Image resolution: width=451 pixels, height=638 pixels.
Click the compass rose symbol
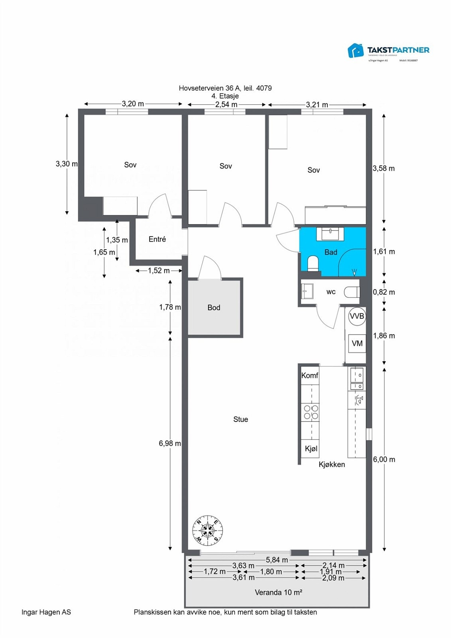(x=207, y=530)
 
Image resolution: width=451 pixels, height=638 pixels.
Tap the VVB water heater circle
(x=357, y=316)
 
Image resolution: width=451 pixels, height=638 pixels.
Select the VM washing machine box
(x=357, y=343)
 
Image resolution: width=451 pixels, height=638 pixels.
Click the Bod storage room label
(x=214, y=307)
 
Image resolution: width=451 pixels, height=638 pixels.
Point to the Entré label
(x=157, y=239)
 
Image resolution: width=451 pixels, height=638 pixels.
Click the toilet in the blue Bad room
(x=313, y=264)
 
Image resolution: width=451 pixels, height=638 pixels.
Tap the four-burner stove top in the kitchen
(x=311, y=412)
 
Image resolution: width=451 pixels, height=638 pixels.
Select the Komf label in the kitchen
(x=309, y=376)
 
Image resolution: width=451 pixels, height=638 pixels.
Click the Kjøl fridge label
(x=311, y=449)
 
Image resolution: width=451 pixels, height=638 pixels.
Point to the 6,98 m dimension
(x=169, y=443)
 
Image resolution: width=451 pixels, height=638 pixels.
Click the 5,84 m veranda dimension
(x=277, y=560)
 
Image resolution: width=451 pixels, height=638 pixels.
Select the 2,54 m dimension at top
(x=226, y=104)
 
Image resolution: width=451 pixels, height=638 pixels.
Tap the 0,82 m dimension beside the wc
(x=384, y=292)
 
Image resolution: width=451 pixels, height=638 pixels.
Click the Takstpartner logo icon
(x=356, y=51)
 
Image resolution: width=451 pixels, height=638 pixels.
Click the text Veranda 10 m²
(x=278, y=593)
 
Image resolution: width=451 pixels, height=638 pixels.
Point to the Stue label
(x=240, y=419)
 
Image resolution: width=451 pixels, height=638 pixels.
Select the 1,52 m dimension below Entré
(x=159, y=271)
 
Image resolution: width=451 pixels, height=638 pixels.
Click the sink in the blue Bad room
(x=331, y=233)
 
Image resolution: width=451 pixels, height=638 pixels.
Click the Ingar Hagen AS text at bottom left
(x=46, y=612)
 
